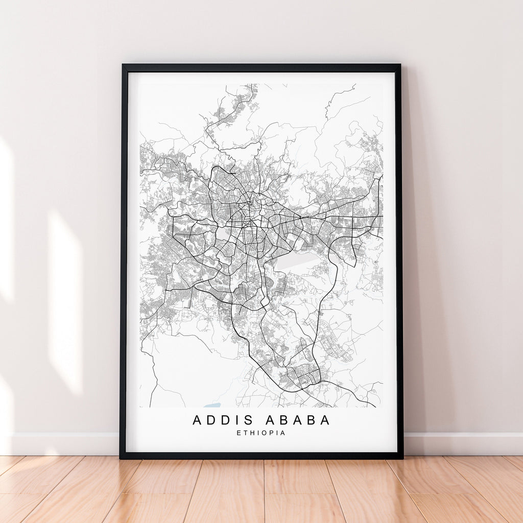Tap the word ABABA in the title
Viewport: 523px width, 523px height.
pos(297,420)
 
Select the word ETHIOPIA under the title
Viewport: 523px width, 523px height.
pos(261,433)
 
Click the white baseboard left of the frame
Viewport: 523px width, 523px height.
pos(61,444)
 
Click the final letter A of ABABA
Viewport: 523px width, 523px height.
pos(325,420)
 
